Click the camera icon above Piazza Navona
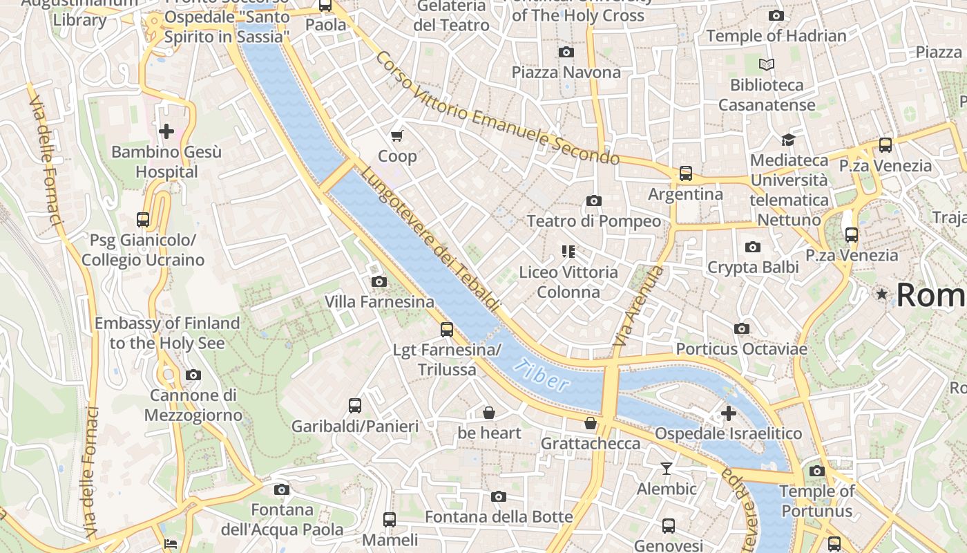click(566, 53)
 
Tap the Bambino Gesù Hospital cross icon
click(166, 131)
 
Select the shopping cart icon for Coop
click(396, 136)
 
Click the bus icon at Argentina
click(685, 174)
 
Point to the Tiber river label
click(543, 375)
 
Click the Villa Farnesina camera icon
click(379, 281)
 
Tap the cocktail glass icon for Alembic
click(666, 469)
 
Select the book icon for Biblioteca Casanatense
click(767, 65)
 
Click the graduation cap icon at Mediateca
click(788, 140)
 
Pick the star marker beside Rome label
click(881, 294)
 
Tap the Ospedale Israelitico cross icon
click(728, 413)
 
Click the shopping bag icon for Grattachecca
click(590, 422)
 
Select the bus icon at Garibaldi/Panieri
click(355, 406)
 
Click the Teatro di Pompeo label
click(593, 221)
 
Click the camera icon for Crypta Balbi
click(753, 247)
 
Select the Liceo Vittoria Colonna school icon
click(568, 252)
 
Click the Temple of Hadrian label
click(776, 36)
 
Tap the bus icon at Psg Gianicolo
click(143, 220)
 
